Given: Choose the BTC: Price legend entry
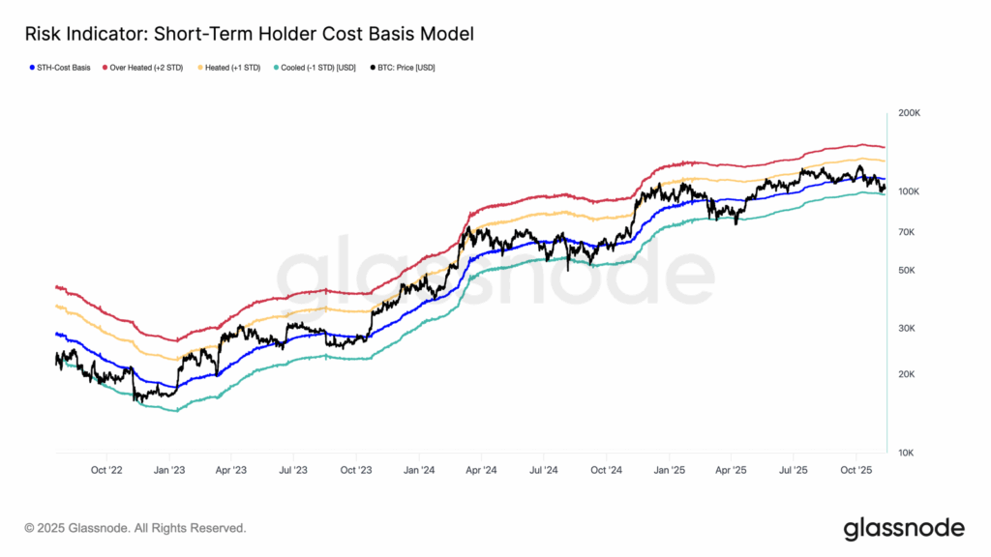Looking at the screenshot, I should coord(402,69).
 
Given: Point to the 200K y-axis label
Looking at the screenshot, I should coord(909,113).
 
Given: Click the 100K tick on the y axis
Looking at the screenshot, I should coord(909,191).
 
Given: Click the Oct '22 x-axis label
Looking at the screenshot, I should coord(106,471).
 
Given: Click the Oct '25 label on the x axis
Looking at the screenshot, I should coord(856,471).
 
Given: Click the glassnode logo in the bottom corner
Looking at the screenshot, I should coord(904,528).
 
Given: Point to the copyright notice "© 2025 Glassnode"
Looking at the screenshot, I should coord(135,529).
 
